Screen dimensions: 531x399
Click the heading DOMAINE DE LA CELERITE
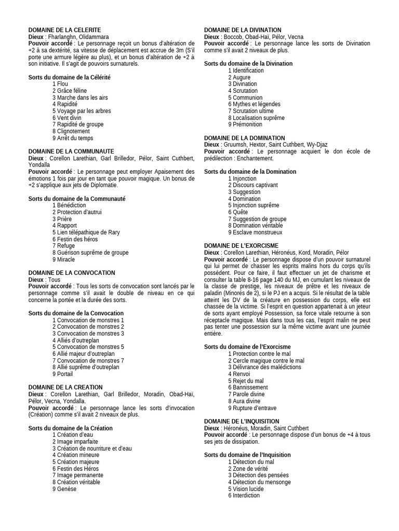point(64,30)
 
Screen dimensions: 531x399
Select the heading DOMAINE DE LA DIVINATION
point(243,30)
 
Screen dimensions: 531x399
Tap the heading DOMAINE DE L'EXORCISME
point(241,245)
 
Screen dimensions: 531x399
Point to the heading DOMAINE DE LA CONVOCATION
point(72,273)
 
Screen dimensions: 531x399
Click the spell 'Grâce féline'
point(70,91)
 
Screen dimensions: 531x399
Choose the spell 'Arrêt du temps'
point(73,138)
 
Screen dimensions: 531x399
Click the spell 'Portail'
point(63,374)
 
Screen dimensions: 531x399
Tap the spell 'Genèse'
point(64,488)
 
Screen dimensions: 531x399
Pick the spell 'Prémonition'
point(247,124)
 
